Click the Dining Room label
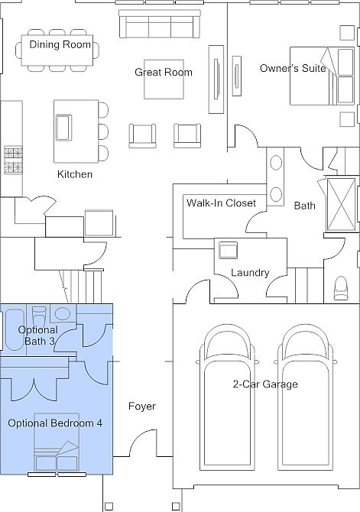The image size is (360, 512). tap(60, 44)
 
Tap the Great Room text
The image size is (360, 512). tap(164, 72)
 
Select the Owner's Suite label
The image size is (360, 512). tap(293, 68)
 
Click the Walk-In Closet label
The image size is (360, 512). tap(221, 203)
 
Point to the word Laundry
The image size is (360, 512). tap(250, 273)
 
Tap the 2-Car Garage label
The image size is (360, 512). tap(265, 384)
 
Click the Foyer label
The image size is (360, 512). tap(141, 407)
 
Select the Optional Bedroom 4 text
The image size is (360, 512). tap(55, 423)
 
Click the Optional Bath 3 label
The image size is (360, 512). tap(38, 335)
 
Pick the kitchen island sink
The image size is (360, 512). tap(63, 128)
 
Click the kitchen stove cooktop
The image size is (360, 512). tap(14, 160)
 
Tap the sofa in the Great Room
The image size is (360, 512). tap(160, 24)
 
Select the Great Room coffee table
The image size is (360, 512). tap(164, 79)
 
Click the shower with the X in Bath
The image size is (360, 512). tap(341, 204)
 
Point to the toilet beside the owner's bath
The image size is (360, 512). tap(341, 288)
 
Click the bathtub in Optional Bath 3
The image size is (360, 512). tap(14, 330)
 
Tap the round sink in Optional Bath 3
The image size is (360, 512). tap(62, 314)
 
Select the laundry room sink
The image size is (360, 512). tap(228, 250)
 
